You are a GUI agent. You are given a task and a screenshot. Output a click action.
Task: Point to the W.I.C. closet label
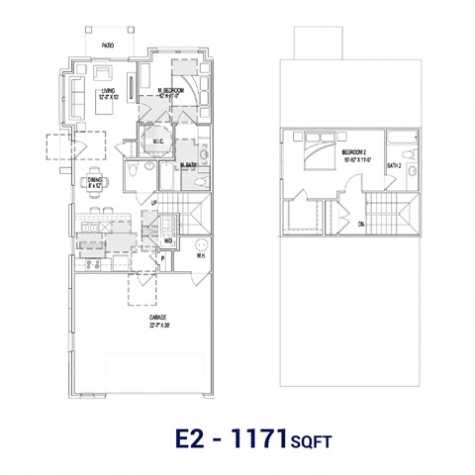click(156, 141)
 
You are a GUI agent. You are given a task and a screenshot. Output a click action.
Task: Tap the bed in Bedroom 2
click(315, 152)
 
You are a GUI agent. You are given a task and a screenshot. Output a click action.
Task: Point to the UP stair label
click(153, 203)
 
